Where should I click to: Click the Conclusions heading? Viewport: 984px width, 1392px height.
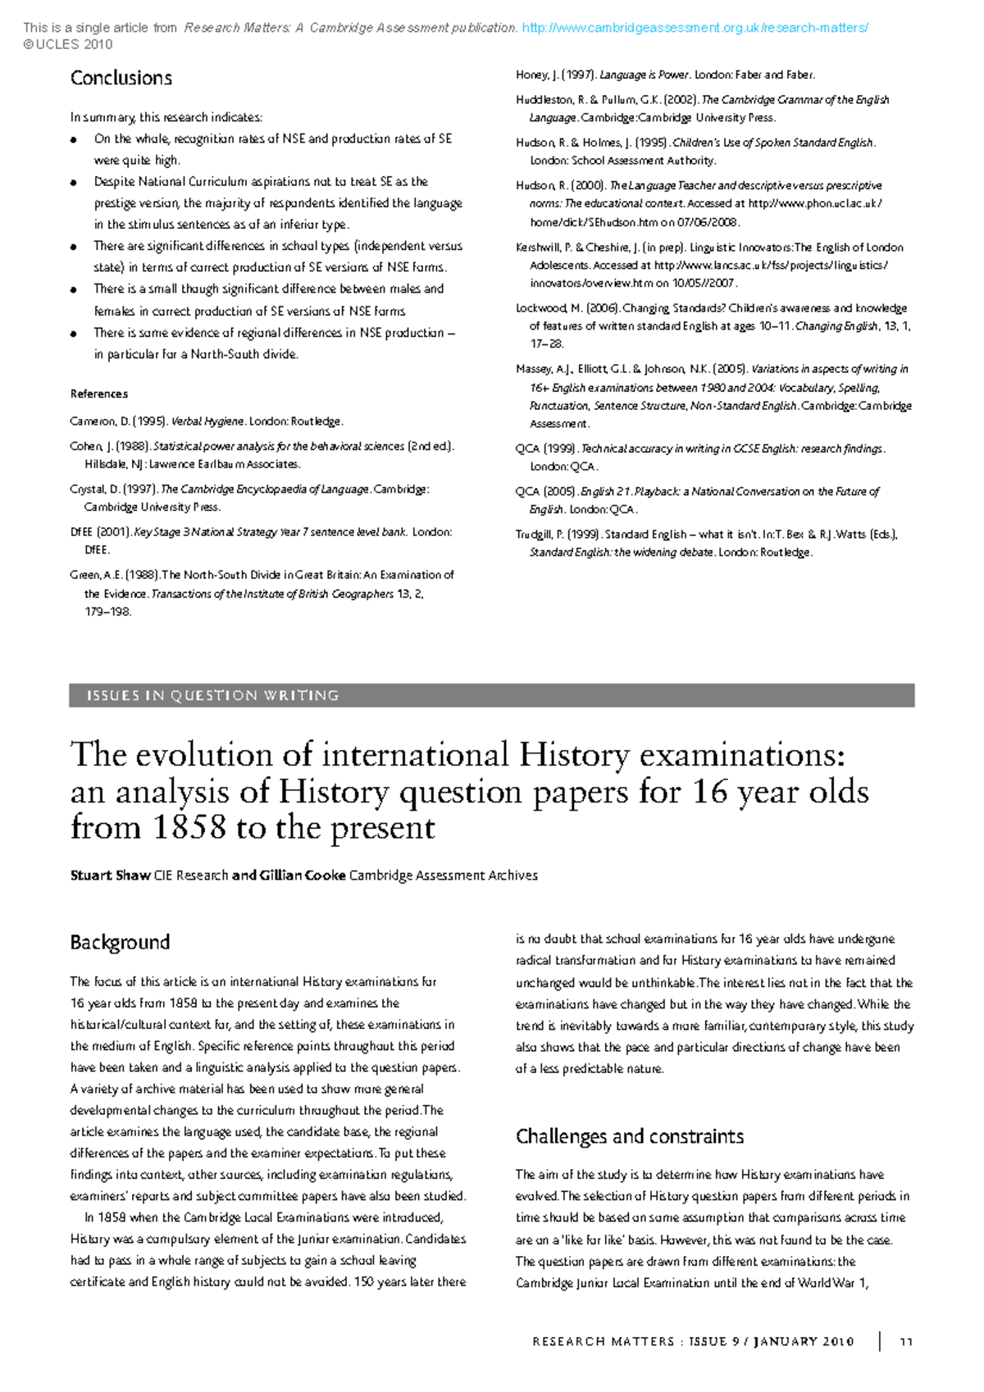point(121,78)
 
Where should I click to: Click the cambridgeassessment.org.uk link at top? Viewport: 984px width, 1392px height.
point(695,28)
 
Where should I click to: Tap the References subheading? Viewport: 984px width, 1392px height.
point(98,393)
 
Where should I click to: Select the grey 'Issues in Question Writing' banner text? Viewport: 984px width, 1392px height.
point(212,695)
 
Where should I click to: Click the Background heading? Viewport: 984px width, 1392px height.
point(120,942)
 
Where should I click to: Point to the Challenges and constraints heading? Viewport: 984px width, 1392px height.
point(629,1136)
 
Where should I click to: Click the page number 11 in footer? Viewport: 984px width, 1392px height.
point(906,1342)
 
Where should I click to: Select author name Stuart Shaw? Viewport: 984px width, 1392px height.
point(110,876)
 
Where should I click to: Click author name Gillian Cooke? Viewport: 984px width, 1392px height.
point(303,876)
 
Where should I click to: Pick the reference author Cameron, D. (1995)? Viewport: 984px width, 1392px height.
point(118,421)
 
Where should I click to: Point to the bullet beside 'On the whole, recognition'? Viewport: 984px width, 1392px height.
point(75,139)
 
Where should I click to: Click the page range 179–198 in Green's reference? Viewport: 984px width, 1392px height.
point(107,612)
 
